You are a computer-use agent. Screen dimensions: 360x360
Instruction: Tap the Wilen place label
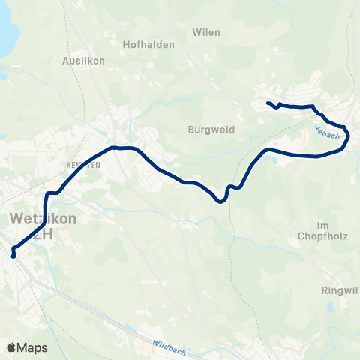click(206, 32)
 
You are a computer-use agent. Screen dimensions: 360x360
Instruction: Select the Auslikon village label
click(83, 60)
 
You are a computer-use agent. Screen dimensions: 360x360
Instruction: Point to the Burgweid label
click(211, 129)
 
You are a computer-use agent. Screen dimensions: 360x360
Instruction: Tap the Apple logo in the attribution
click(11, 347)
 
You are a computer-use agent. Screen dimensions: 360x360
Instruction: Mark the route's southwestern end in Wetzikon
click(13, 256)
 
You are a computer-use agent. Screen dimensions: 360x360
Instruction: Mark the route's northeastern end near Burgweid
click(268, 103)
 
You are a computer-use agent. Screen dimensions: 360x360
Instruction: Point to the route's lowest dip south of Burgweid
click(220, 200)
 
